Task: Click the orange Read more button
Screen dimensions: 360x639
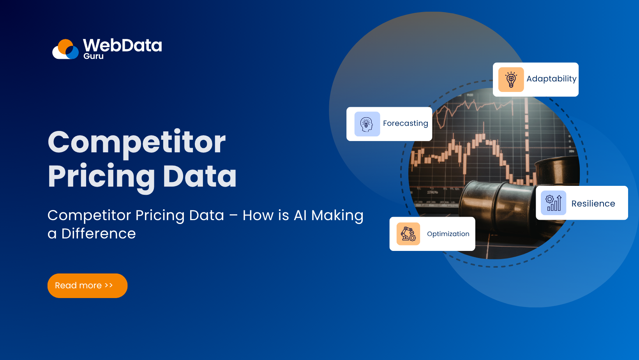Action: [x=87, y=286]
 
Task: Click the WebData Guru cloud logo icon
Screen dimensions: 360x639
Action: [x=65, y=49]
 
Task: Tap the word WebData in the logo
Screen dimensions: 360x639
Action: [x=122, y=46]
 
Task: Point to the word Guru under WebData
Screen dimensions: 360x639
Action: [x=94, y=56]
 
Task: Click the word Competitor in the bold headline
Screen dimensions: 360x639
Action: [x=136, y=143]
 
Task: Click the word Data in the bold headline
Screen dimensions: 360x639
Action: [x=199, y=176]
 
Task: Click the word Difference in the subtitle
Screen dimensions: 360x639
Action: [x=99, y=234]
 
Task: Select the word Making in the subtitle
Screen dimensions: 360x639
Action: [x=337, y=216]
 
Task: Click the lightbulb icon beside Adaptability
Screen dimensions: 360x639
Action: [x=511, y=79]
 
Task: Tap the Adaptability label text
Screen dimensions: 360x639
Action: [x=551, y=79]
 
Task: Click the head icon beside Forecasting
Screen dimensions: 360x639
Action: [x=367, y=124]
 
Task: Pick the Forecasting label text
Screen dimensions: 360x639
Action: [x=405, y=124]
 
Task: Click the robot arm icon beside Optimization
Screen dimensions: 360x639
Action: [x=408, y=234]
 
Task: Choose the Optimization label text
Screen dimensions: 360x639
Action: [x=448, y=234]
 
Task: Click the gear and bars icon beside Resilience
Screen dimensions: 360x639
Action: [x=553, y=203]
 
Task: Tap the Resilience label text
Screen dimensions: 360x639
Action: [x=593, y=204]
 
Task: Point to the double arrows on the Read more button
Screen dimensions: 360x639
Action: [x=109, y=286]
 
